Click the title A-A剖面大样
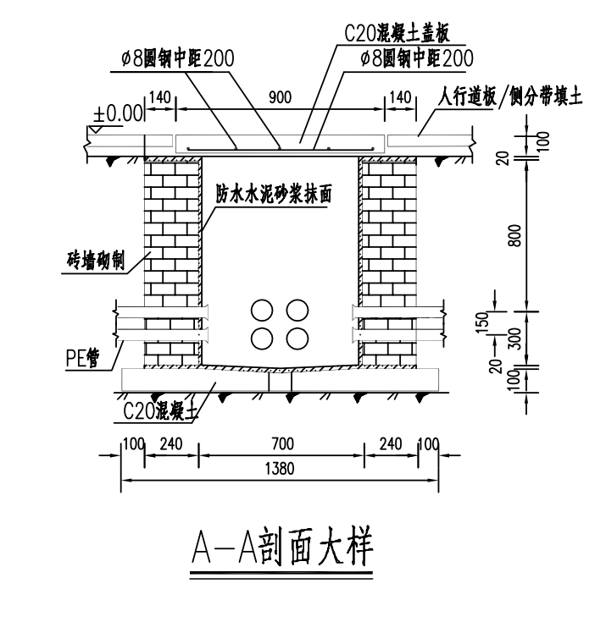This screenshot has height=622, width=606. pos(281,548)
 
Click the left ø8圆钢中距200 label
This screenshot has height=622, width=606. pos(176,58)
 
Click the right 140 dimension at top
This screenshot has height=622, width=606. pos(398,98)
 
